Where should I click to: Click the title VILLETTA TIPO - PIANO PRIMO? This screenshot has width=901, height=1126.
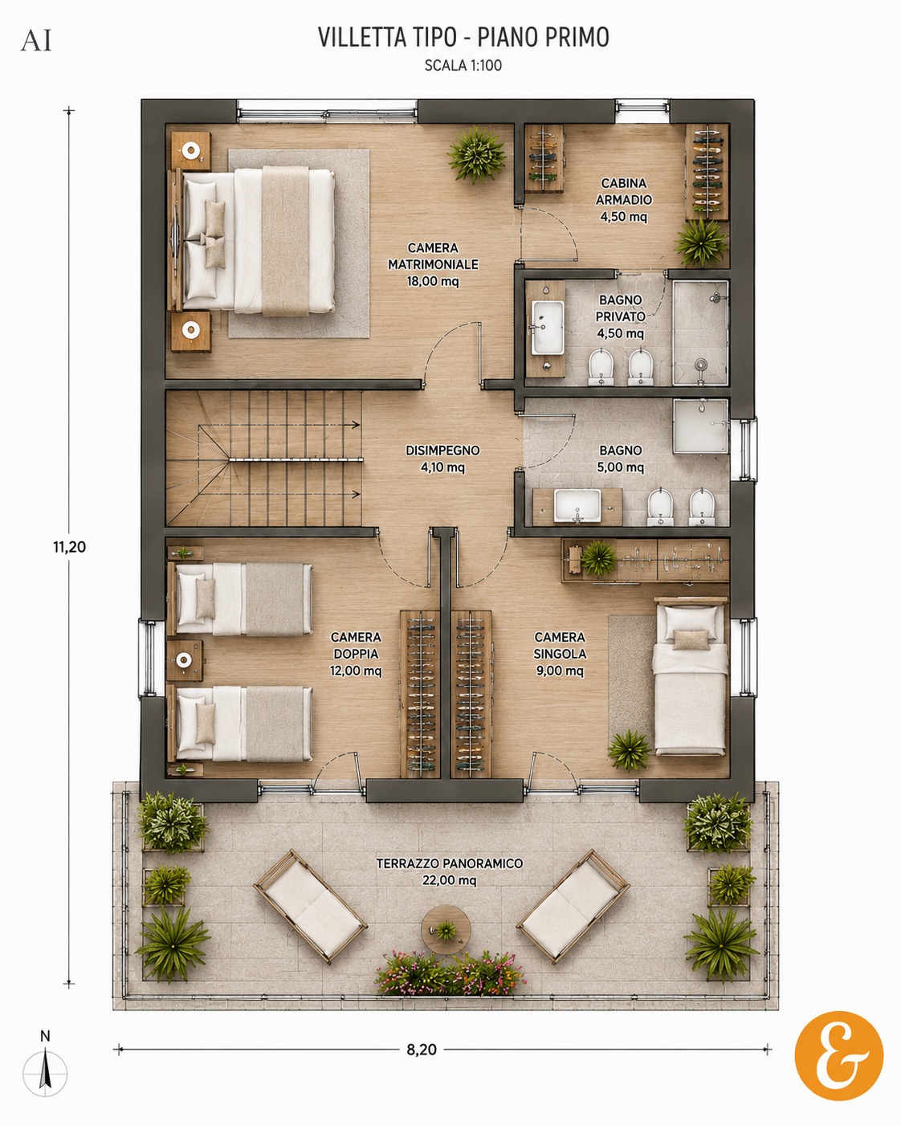tap(463, 37)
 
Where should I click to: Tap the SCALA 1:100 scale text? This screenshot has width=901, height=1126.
tap(463, 65)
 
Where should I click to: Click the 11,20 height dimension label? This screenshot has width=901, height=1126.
tap(69, 547)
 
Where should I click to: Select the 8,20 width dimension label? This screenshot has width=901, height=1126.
tap(422, 1049)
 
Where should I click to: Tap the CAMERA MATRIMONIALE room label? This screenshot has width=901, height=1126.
tap(433, 264)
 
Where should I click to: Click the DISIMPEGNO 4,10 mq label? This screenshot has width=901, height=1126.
tap(442, 459)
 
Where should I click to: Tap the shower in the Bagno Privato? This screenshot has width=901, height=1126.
tap(700, 333)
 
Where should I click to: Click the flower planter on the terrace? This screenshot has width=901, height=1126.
tap(450, 973)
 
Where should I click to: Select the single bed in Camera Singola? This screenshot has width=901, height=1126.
tap(690, 675)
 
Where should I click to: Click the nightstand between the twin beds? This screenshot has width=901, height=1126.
tap(184, 660)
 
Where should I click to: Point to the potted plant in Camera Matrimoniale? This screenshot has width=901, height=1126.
tap(477, 154)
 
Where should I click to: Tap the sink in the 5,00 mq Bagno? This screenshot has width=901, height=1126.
tap(577, 506)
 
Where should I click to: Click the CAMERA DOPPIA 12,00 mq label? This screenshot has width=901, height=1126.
tap(356, 654)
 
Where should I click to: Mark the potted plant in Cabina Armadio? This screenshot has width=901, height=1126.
tap(701, 243)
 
